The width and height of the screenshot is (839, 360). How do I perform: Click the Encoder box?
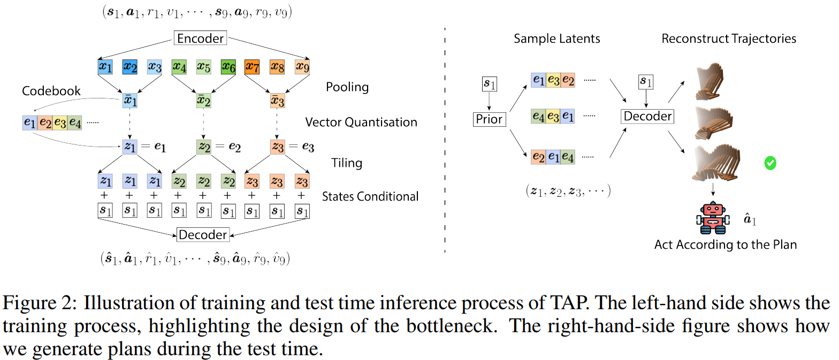click(x=200, y=39)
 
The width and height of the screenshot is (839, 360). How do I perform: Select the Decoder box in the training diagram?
click(x=203, y=235)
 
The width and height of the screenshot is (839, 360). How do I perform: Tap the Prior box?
click(x=489, y=119)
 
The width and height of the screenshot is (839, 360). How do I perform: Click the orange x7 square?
click(x=251, y=67)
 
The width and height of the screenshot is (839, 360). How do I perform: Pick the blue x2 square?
click(x=129, y=67)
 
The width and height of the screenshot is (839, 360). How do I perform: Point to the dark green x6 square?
click(x=228, y=67)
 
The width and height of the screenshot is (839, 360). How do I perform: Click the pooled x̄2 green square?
click(x=203, y=102)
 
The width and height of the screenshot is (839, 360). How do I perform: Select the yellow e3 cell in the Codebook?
click(x=59, y=122)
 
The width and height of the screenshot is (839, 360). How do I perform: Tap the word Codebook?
click(x=51, y=91)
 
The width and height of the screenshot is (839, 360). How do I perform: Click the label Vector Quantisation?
click(x=361, y=122)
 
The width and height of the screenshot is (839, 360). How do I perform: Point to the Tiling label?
click(x=347, y=163)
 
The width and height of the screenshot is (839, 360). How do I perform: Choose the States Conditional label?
click(x=370, y=196)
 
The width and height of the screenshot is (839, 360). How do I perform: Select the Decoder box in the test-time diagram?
click(x=647, y=116)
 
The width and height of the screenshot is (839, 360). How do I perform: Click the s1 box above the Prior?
click(x=489, y=84)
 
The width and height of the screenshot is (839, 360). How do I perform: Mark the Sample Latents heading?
click(x=557, y=39)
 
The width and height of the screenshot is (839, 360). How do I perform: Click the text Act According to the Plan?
click(x=726, y=245)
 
